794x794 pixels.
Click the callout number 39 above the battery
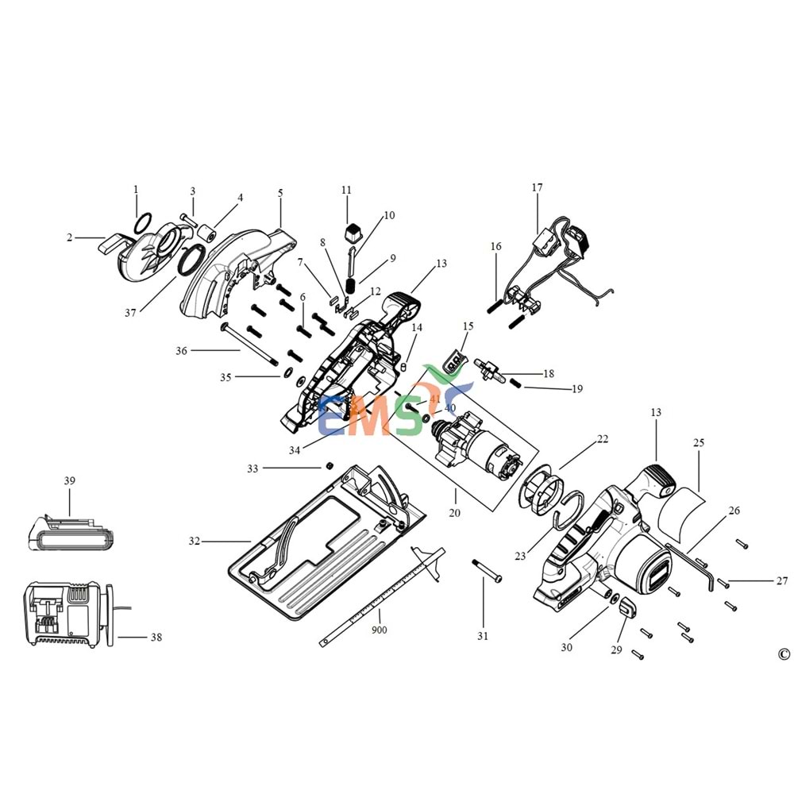point(69,481)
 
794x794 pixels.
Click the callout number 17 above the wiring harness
point(537,188)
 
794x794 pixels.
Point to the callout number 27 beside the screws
point(782,580)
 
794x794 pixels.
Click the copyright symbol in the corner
point(784,653)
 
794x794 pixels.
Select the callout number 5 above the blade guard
point(280,193)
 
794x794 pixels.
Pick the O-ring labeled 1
point(144,222)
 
